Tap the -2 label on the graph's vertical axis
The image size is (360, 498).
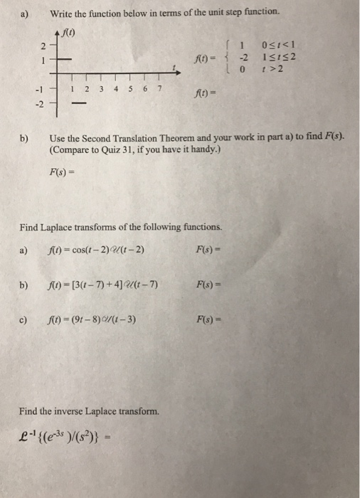tap(40, 104)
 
